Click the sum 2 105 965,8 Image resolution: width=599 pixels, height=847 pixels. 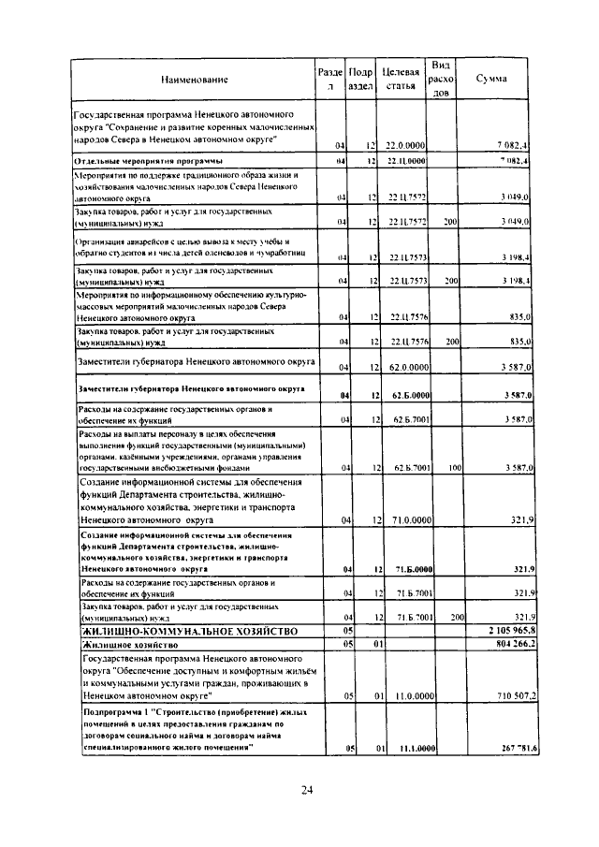tap(506, 633)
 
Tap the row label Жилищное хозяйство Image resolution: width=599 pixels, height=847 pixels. tap(124, 645)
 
